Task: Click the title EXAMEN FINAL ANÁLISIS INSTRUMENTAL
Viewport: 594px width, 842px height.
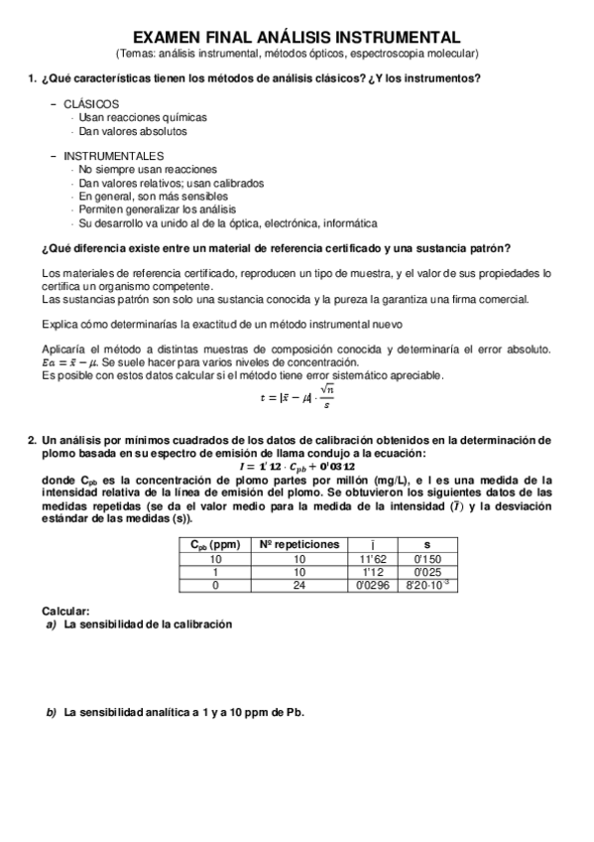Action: (x=297, y=37)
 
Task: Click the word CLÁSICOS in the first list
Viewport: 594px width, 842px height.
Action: (x=91, y=104)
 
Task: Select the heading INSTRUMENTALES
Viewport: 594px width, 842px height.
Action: (x=113, y=157)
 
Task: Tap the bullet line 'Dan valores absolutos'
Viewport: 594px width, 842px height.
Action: (x=133, y=131)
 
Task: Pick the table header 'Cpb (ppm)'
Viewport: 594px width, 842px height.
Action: (x=215, y=544)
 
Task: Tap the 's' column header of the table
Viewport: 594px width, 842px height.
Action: (x=426, y=544)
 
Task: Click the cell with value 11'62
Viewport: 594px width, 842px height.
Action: (x=371, y=559)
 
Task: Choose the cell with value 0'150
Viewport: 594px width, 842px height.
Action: (x=426, y=559)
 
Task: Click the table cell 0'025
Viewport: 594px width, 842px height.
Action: (x=426, y=573)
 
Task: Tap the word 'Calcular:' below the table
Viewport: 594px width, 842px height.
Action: (x=66, y=610)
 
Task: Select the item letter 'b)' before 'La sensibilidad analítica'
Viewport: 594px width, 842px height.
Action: (x=52, y=713)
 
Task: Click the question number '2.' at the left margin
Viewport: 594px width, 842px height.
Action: (x=31, y=439)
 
